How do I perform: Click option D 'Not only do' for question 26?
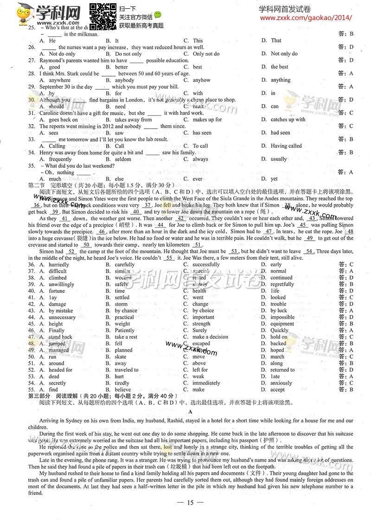click(x=284, y=53)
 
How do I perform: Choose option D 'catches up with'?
click(x=288, y=119)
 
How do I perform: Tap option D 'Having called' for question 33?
click(x=286, y=146)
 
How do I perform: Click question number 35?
click(x=32, y=165)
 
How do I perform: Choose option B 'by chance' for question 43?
click(x=126, y=311)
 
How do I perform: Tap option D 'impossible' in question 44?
click(x=282, y=317)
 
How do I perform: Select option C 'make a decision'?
click(x=210, y=337)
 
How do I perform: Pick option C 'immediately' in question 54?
click(x=206, y=383)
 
